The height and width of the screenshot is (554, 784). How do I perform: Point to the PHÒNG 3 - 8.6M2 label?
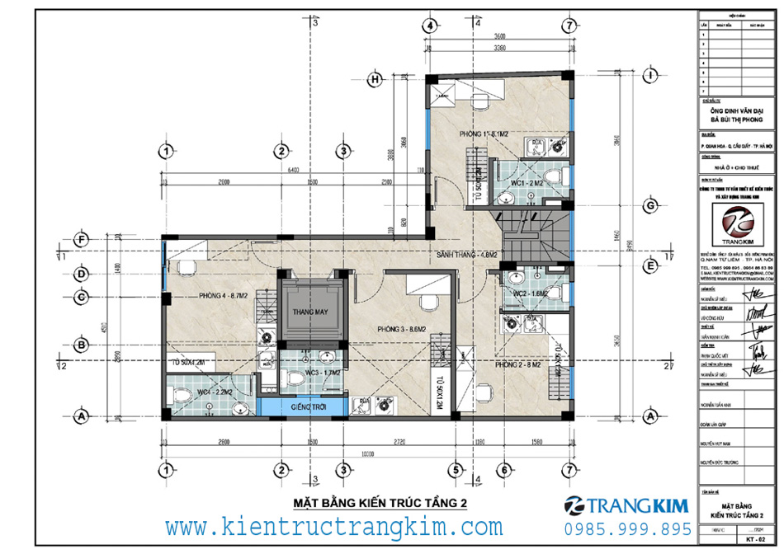coord(401,329)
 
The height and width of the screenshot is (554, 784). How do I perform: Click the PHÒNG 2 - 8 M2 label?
coord(517,364)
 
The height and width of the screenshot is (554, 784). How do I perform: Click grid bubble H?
coord(375,79)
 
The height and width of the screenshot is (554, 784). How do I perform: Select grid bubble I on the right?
coord(651,76)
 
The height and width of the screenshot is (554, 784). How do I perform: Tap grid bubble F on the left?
coord(81,240)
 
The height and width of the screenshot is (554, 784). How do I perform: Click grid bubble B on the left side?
coord(81,344)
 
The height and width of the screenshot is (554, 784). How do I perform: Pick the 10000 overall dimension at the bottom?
coord(367,452)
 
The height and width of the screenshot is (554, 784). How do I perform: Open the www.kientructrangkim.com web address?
coord(333,527)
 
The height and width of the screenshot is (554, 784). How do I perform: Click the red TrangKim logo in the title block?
coord(737,224)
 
